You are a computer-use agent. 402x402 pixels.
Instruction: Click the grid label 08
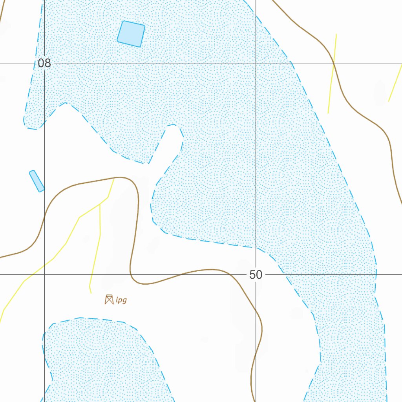tap(44, 63)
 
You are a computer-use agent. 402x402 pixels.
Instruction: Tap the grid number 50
tap(256, 275)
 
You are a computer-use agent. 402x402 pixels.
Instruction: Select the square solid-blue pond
tap(131, 34)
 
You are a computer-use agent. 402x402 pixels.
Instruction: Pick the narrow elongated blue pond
tap(37, 181)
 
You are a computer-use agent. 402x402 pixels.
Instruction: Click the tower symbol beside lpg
tap(109, 300)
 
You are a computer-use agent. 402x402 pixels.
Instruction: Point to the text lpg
tap(121, 301)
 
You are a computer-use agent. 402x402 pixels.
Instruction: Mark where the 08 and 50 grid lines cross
tap(256, 63)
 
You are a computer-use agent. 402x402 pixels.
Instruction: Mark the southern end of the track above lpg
tap(91, 293)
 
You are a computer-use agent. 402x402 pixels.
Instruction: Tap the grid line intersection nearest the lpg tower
tap(44, 275)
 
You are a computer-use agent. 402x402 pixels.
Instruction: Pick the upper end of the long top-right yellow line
tap(336, 35)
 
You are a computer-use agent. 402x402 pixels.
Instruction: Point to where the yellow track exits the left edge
tap(1, 320)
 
